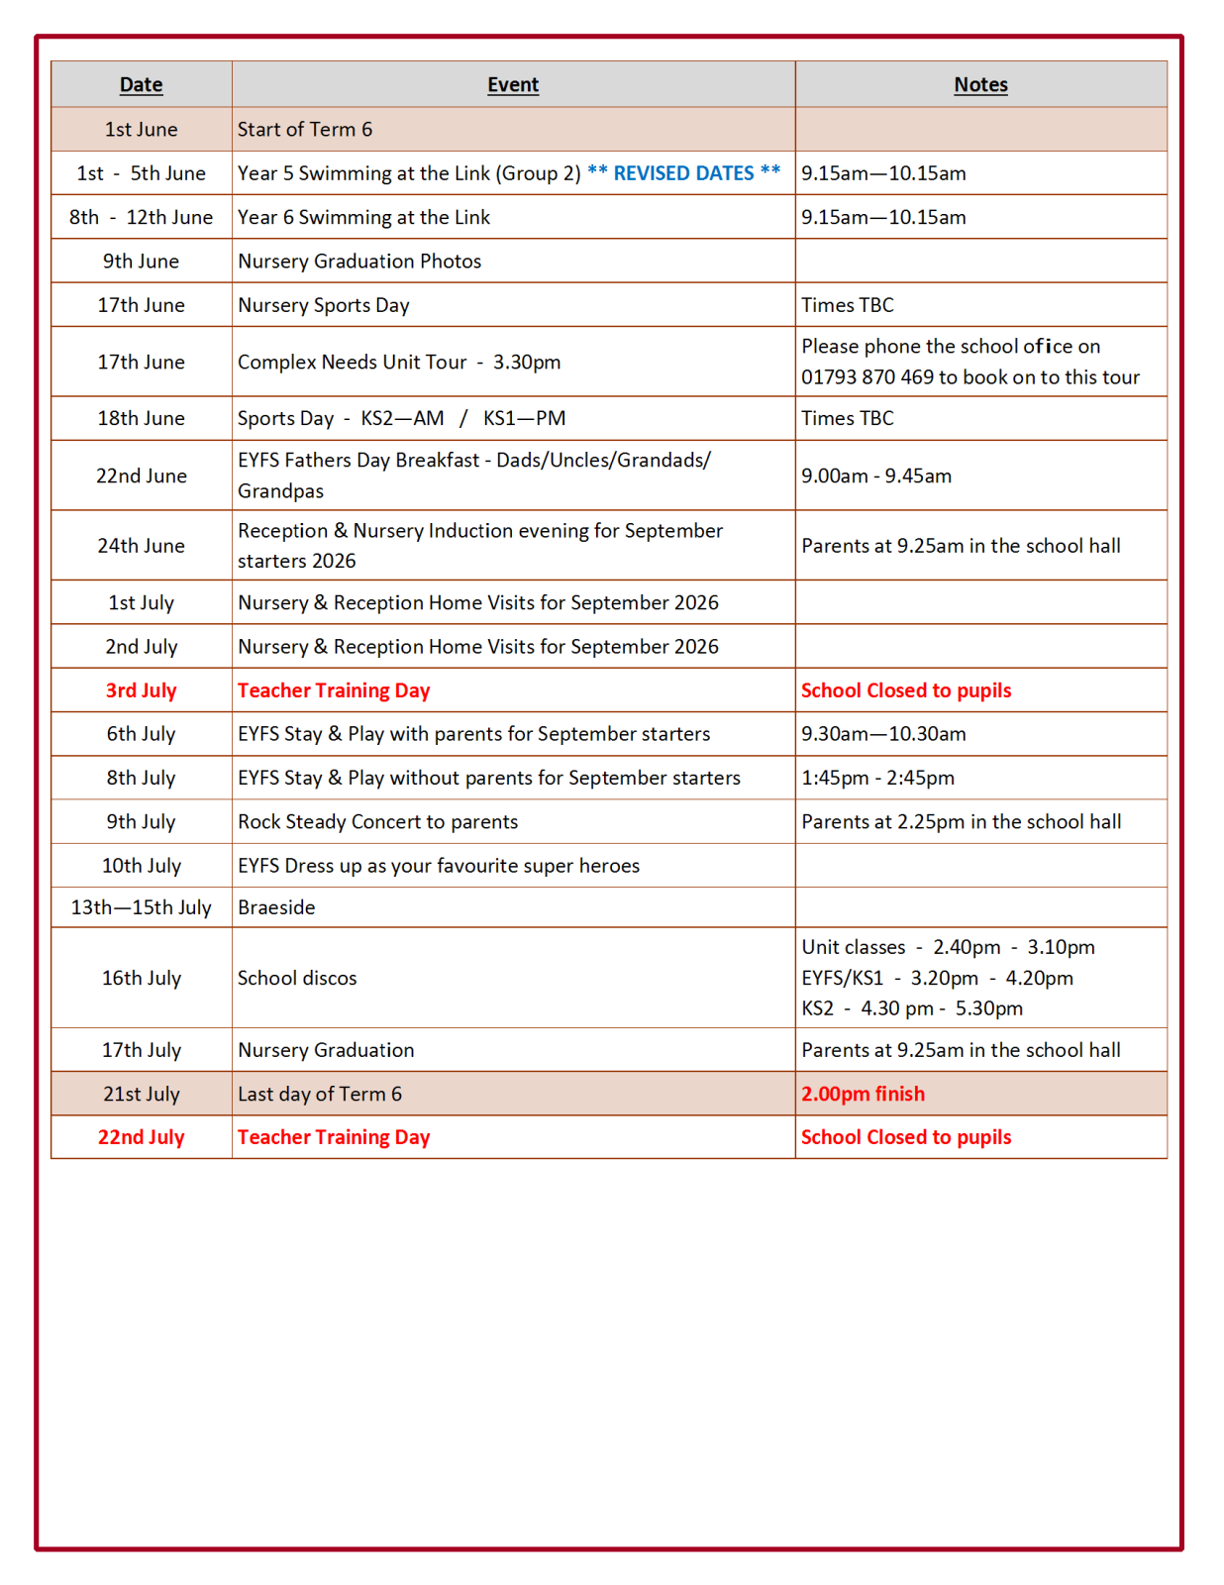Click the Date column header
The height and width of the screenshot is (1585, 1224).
point(141,85)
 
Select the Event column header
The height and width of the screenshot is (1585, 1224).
point(512,85)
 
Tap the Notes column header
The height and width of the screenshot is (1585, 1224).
point(980,85)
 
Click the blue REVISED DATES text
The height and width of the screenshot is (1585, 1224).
point(683,173)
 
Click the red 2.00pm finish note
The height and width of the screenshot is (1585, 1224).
point(863,1094)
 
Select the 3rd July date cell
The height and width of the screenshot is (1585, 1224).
point(141,690)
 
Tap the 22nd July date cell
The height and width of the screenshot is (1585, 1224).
point(141,1137)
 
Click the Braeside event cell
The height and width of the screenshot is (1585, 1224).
point(276,907)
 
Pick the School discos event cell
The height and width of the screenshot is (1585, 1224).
point(297,978)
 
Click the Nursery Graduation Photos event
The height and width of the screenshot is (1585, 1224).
point(359,262)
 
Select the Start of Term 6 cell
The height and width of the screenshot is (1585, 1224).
point(305,130)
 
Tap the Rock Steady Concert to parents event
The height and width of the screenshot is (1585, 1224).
point(377,822)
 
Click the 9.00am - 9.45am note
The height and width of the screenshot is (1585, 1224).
point(876,475)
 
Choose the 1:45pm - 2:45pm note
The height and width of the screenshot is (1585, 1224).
point(877,778)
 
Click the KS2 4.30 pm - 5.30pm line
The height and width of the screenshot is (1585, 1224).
point(912,1008)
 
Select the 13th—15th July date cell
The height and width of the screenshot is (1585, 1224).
point(141,907)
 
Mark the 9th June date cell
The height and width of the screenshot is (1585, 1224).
point(141,262)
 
